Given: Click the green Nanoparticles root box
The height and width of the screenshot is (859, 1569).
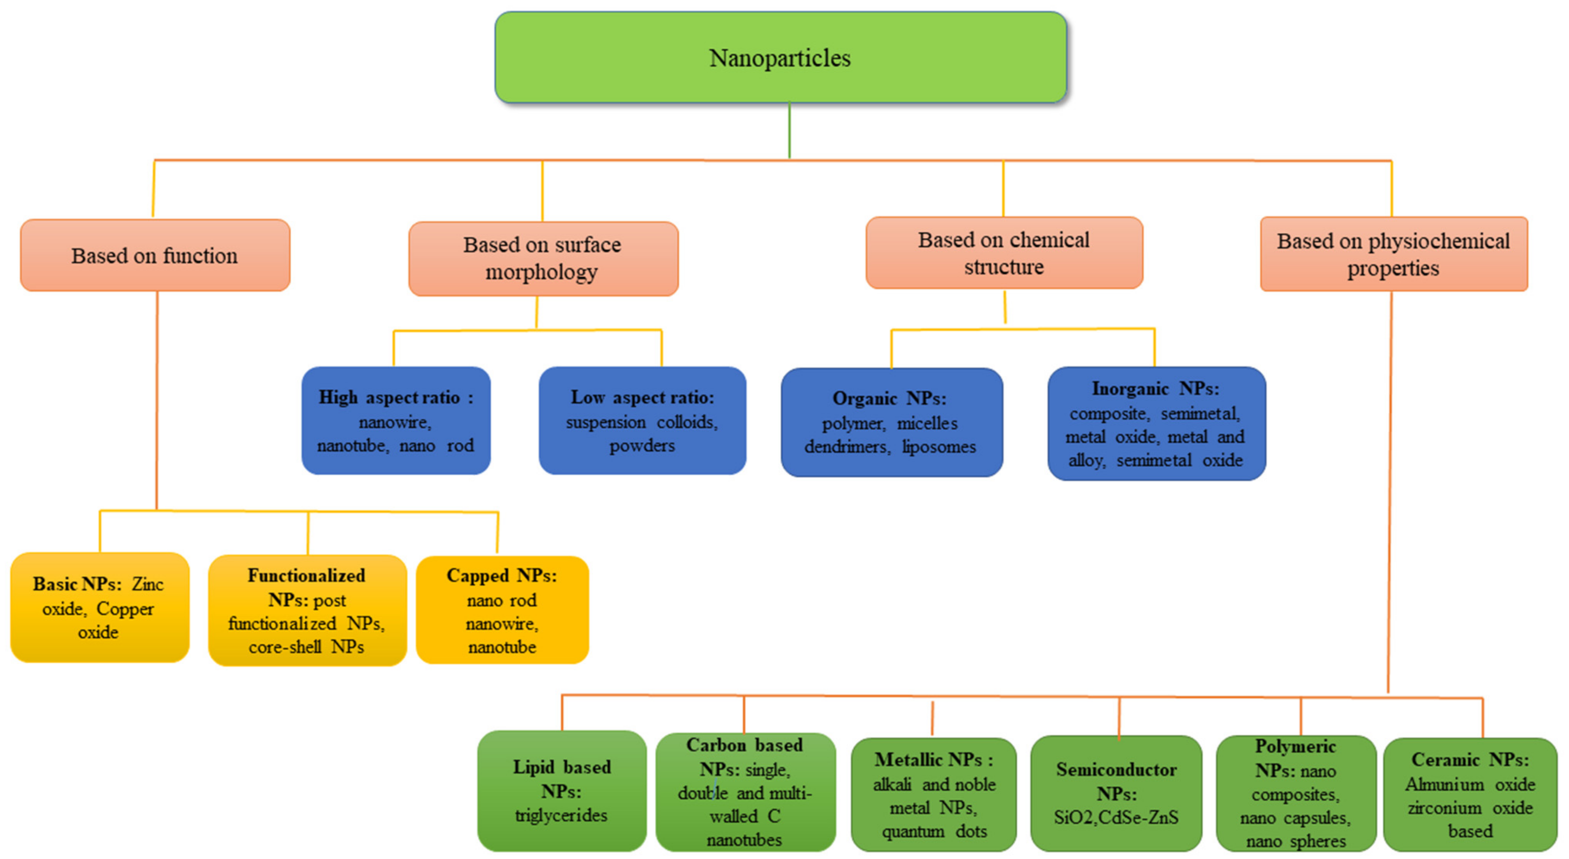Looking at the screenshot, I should click(780, 57).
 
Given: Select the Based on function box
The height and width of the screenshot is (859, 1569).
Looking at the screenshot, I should click(155, 255).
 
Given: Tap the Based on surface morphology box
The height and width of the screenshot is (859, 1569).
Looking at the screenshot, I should click(543, 258).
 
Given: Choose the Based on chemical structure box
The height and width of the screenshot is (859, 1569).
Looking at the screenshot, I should click(1004, 253).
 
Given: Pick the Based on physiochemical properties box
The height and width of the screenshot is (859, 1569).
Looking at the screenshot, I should click(1393, 254).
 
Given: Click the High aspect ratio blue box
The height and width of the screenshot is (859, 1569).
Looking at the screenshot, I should click(396, 420).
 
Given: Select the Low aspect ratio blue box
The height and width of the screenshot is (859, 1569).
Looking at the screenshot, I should click(642, 420).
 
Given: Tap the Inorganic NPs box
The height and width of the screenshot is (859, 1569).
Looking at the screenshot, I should click(1156, 424).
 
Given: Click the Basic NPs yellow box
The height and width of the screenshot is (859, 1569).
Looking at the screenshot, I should click(99, 607).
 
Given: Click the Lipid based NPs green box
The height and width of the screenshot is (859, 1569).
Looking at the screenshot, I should click(561, 790).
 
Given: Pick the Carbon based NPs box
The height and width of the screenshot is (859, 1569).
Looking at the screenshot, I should click(745, 792).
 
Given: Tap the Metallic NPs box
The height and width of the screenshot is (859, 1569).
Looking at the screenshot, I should click(933, 794).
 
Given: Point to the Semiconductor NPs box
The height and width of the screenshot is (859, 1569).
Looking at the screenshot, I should click(1116, 793).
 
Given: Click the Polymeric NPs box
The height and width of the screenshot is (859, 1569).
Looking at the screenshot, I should click(1296, 793).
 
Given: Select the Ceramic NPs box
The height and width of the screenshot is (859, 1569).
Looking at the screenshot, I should click(1470, 794).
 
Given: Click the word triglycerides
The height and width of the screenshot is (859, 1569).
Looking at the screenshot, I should click(561, 815).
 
